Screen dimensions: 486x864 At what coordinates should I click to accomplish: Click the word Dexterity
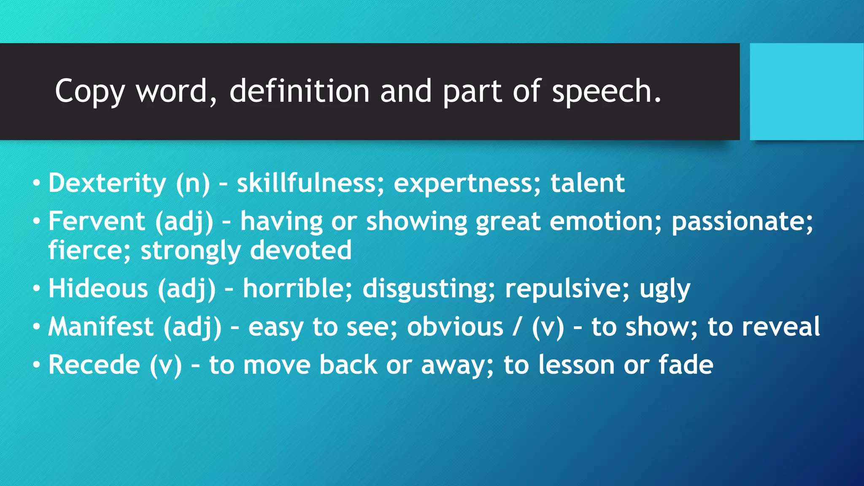[x=107, y=183]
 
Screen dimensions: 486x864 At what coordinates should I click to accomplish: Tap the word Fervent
[x=97, y=221]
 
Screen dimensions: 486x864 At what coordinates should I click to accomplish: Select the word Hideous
[x=98, y=289]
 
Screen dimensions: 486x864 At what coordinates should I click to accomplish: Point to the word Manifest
[x=101, y=327]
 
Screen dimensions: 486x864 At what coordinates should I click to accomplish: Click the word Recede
[x=94, y=364]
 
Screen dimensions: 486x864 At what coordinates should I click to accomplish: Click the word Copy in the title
[x=89, y=91]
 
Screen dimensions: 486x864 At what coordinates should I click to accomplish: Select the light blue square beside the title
[x=807, y=91]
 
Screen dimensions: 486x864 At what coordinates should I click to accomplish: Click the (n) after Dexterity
[x=192, y=184]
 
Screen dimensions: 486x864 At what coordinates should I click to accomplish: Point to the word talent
[x=587, y=183]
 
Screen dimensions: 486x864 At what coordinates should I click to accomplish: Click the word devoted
[x=300, y=250]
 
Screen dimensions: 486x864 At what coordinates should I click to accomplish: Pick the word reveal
[x=781, y=327]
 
